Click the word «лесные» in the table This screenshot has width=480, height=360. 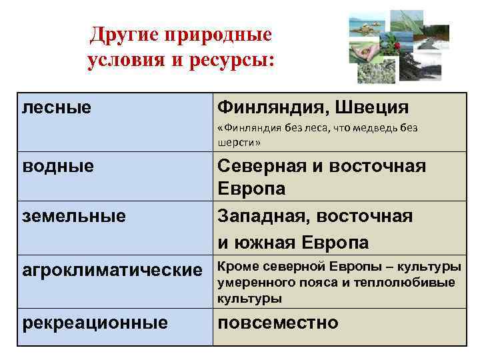[57, 107]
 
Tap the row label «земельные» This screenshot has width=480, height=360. [74, 216]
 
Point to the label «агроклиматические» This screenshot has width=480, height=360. [111, 270]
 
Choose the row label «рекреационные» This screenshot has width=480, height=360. [95, 323]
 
